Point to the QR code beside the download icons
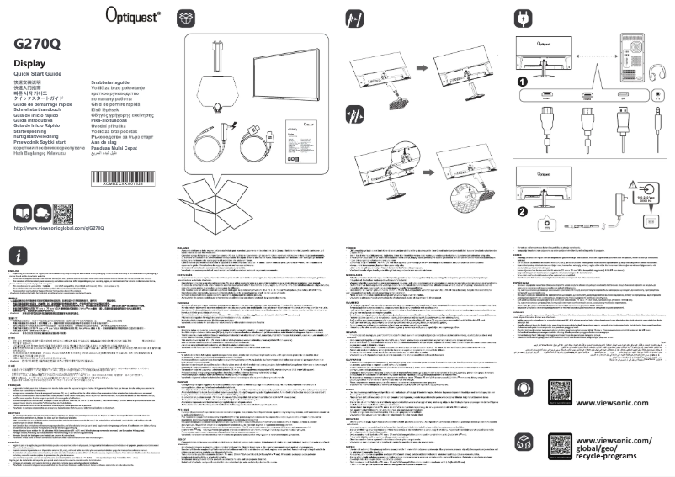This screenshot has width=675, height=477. click(65, 213)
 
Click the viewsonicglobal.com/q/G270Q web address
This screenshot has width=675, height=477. click(59, 228)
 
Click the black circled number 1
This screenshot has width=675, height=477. click(522, 82)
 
